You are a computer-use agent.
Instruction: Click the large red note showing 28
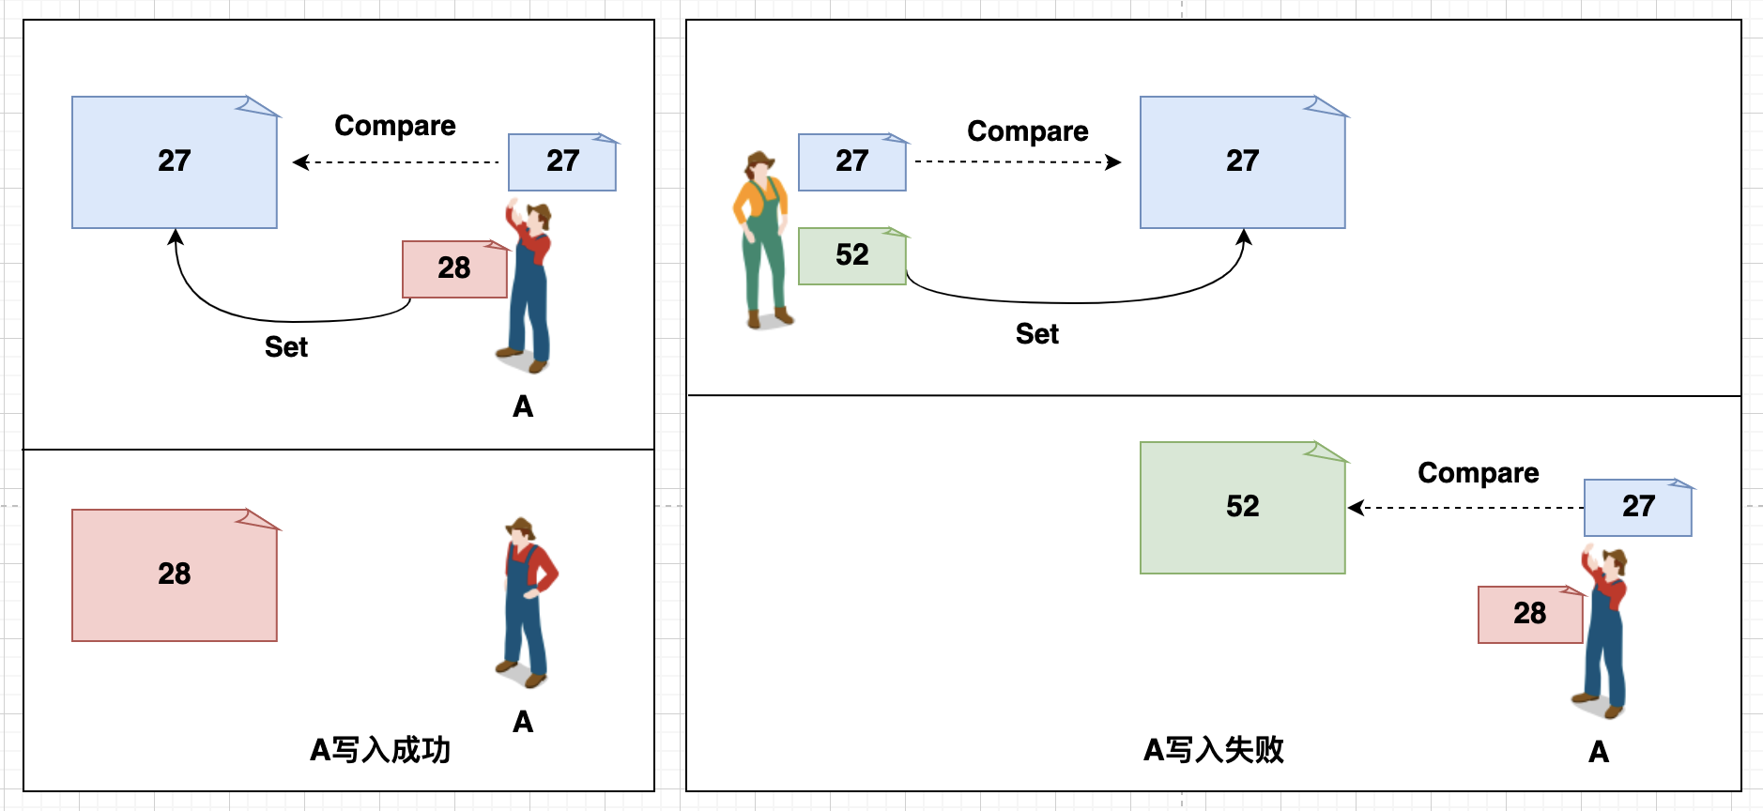(x=175, y=575)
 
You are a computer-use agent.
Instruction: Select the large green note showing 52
(x=1242, y=508)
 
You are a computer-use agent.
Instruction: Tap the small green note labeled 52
(x=851, y=255)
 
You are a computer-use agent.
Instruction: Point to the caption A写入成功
(x=380, y=750)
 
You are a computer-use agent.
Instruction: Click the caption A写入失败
(x=1213, y=750)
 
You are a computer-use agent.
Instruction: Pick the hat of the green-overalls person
(x=760, y=160)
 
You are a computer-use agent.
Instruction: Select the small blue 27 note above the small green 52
(x=851, y=162)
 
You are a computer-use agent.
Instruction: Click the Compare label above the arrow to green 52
(x=1478, y=473)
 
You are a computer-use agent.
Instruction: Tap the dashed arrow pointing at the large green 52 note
(x=1464, y=508)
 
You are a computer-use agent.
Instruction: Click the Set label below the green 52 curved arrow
(x=1036, y=334)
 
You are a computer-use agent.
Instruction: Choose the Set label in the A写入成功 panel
(x=285, y=347)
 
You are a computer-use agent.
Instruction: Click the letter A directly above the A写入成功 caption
(x=523, y=722)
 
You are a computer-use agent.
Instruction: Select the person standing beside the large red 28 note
(x=528, y=601)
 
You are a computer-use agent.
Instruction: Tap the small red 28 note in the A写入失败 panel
(x=1529, y=615)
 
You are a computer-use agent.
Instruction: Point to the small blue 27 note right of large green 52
(x=1637, y=508)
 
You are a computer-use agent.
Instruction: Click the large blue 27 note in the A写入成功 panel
(x=175, y=162)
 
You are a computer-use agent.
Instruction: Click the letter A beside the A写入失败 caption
(x=1599, y=752)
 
